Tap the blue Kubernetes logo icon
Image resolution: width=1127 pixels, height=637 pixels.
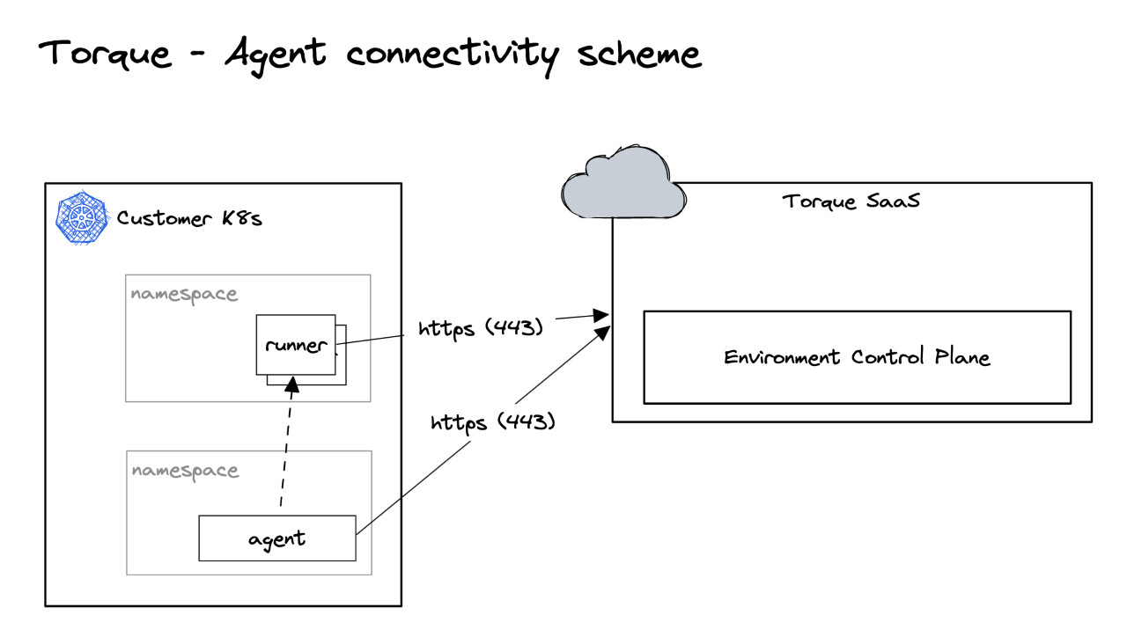[81, 219]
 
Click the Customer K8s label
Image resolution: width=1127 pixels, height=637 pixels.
[189, 218]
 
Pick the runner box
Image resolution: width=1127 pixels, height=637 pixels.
[295, 345]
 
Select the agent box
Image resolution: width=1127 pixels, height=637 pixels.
[276, 538]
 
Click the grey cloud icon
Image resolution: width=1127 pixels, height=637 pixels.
[622, 185]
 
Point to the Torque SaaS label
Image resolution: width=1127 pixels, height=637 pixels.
[851, 201]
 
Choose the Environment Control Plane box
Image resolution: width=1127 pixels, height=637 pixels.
[857, 357]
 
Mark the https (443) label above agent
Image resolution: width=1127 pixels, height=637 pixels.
[492, 422]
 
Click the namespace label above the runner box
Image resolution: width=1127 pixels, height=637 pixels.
[184, 294]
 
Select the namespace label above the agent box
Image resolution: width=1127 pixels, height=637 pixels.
[185, 471]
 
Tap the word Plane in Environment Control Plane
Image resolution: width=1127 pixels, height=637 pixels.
[960, 357]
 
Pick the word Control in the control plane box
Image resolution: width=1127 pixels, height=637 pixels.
[888, 357]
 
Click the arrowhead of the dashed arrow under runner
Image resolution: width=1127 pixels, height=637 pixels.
[294, 384]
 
